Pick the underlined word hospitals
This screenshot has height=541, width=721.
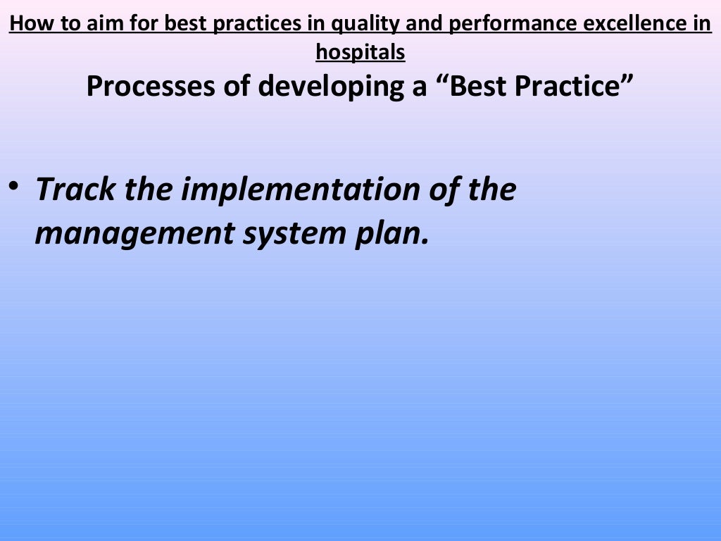point(360,51)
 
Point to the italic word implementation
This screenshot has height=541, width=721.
point(293,190)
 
